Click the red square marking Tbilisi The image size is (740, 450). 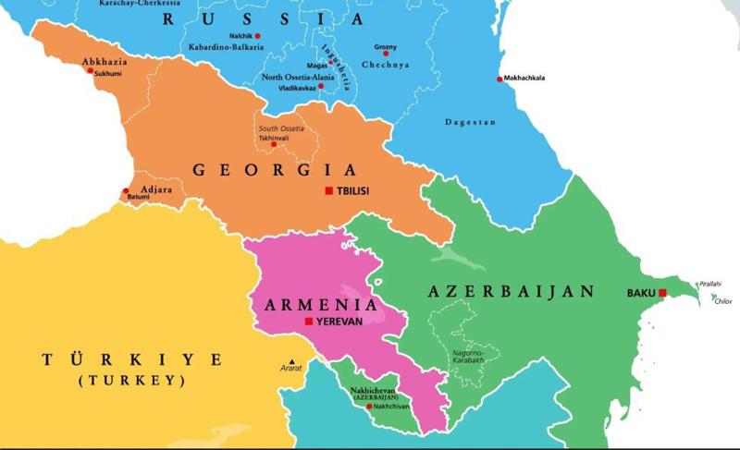[328, 191]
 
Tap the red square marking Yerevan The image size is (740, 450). [308, 322]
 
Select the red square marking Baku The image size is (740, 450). [661, 293]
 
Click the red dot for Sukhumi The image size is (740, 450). [90, 70]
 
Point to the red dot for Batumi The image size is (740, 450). [127, 192]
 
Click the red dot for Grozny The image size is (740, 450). [385, 54]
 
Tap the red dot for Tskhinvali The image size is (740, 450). [273, 145]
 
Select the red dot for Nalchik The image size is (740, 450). [258, 36]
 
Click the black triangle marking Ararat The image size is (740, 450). [291, 360]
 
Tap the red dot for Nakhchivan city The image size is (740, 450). [369, 407]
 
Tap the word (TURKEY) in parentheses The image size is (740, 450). [131, 380]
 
